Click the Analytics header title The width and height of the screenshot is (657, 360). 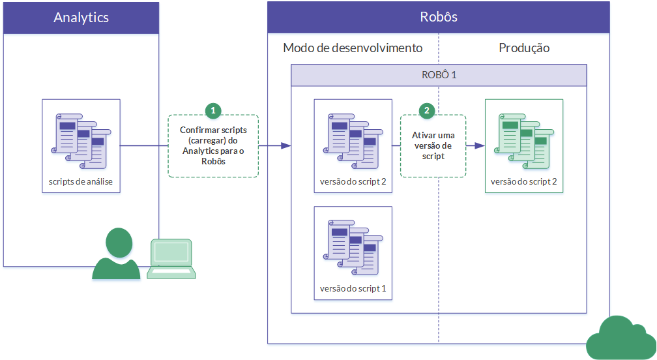(81, 18)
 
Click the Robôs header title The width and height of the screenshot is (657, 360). (438, 18)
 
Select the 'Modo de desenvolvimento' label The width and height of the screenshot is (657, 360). (353, 48)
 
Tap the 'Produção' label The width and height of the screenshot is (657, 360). (524, 48)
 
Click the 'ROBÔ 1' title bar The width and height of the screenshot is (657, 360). (439, 75)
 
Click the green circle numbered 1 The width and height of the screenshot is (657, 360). (213, 111)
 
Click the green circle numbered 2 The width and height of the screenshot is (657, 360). (427, 111)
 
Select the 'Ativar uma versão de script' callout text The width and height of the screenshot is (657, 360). (433, 146)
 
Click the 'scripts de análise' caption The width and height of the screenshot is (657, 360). (81, 182)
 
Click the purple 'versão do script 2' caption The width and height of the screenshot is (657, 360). (353, 182)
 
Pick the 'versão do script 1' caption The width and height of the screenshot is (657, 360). (353, 288)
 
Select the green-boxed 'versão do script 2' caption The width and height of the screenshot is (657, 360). (524, 182)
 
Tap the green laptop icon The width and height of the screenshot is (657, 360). (171, 259)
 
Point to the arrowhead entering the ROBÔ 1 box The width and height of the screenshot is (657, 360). (285, 146)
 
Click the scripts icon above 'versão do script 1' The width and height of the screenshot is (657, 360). (353, 246)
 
